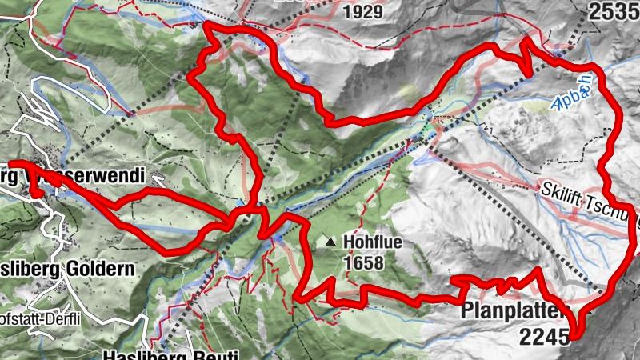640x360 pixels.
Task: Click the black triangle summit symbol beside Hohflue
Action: pyautogui.click(x=331, y=241)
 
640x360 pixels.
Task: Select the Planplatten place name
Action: pyautogui.click(x=516, y=310)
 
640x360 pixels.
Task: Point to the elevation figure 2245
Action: pyautogui.click(x=543, y=338)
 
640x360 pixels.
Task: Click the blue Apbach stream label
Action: pyautogui.click(x=572, y=90)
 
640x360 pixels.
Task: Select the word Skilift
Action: pyautogui.click(x=563, y=190)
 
